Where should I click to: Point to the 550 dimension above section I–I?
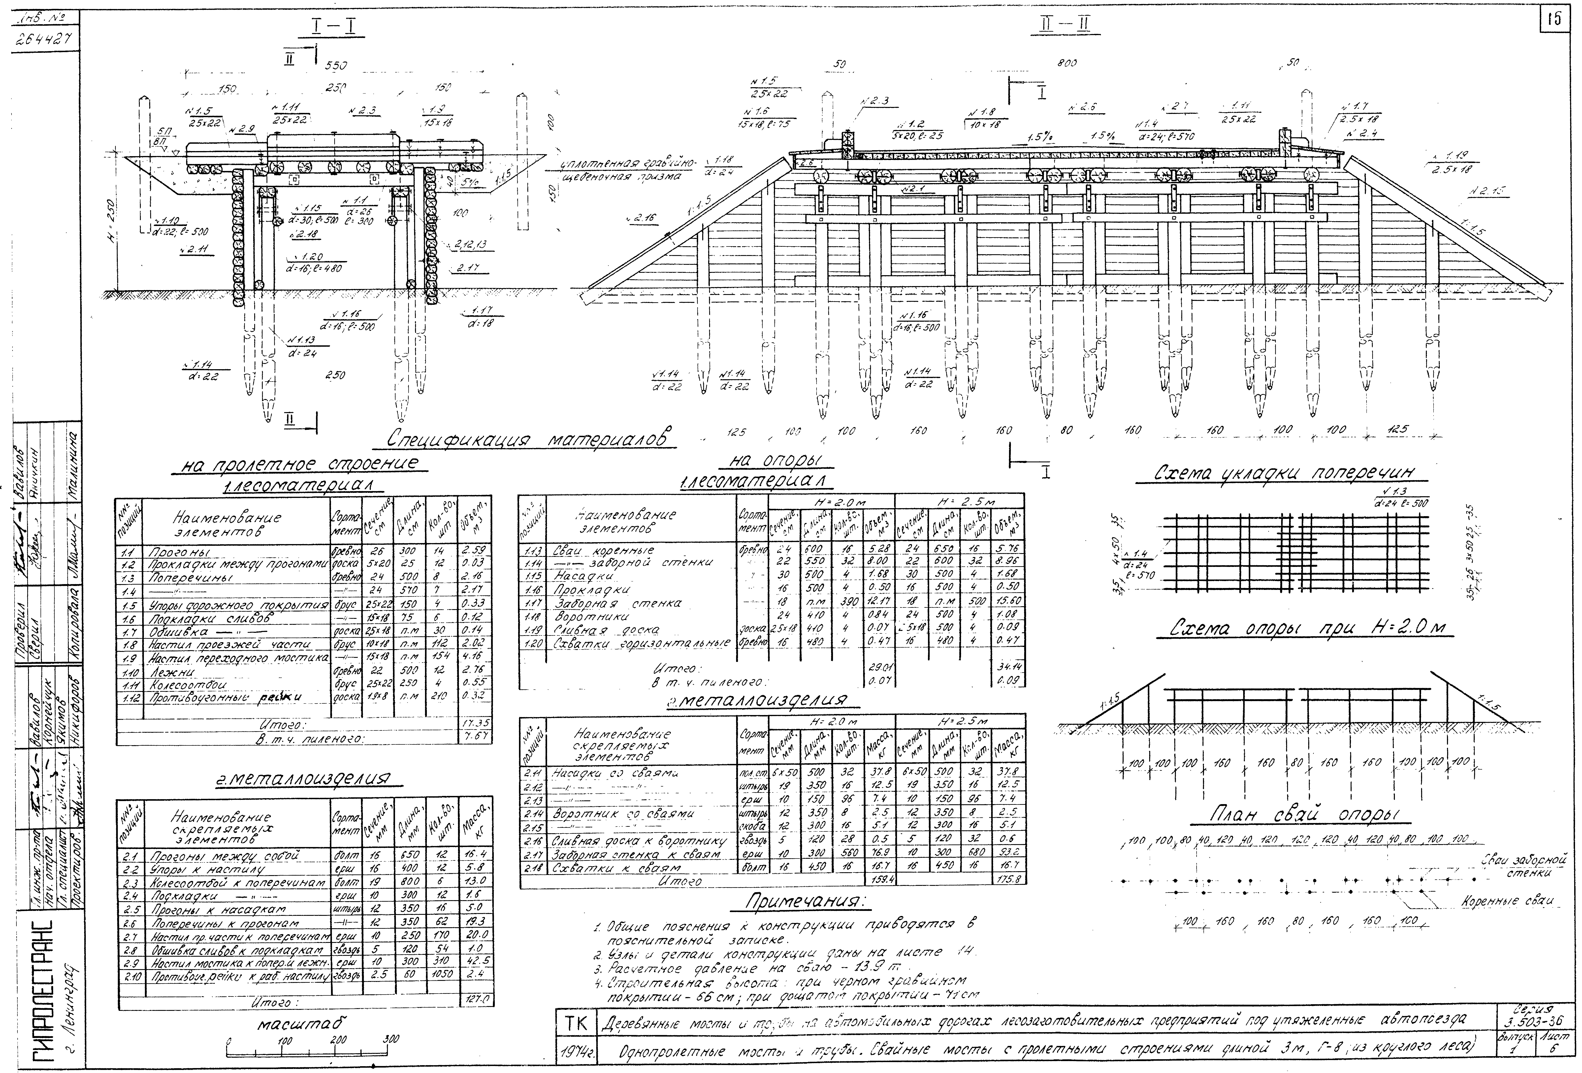click(x=336, y=66)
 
